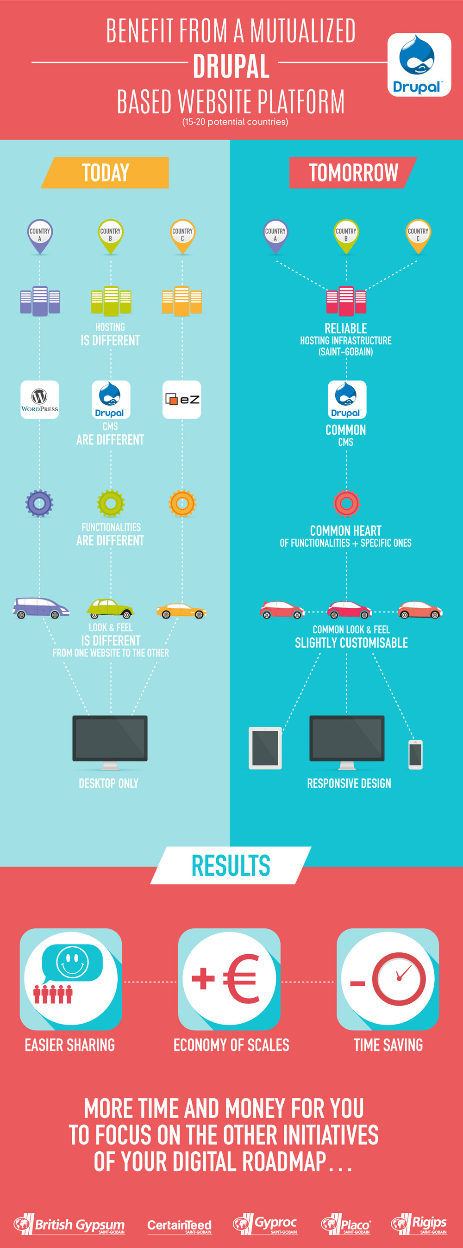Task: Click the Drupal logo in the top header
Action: click(x=419, y=64)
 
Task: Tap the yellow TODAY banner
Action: click(x=106, y=173)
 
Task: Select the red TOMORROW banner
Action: click(x=353, y=173)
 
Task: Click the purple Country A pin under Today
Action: click(x=40, y=235)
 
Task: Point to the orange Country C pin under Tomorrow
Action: click(x=418, y=235)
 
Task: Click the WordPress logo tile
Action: click(x=40, y=400)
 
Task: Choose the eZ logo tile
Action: click(x=182, y=400)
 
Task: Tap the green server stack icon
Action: click(x=111, y=301)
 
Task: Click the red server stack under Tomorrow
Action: click(x=346, y=301)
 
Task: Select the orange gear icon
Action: click(x=182, y=503)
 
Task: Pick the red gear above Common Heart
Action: click(x=347, y=503)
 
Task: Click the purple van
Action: click(x=40, y=607)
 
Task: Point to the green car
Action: click(x=110, y=608)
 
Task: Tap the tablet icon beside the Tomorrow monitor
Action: click(x=265, y=748)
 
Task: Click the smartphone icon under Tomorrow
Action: click(x=415, y=754)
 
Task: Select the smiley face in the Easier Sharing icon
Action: click(x=73, y=962)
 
